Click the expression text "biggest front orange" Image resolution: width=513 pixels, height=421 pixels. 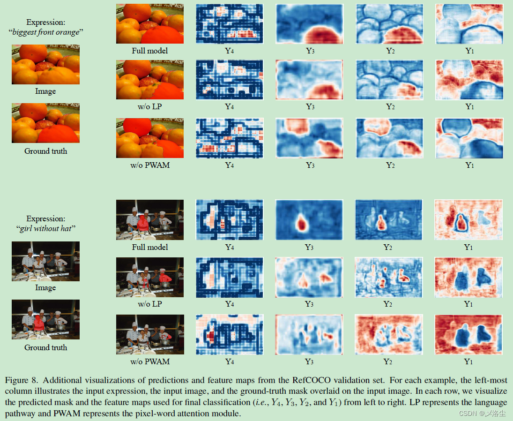coord(45,32)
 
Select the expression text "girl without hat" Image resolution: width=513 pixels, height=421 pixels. coord(45,228)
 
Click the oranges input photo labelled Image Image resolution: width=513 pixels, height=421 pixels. coord(45,64)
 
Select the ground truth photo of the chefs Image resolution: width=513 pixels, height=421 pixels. coord(45,319)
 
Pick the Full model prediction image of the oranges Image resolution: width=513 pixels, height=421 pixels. coord(150,23)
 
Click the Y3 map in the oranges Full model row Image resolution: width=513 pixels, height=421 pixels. coord(310,23)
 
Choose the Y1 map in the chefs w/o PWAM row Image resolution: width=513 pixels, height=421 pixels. coord(469,334)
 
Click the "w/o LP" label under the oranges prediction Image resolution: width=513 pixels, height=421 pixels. coord(150,106)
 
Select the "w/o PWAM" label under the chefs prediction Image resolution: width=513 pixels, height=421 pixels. coord(150,361)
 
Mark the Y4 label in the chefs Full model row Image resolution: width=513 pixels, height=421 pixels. coord(229,247)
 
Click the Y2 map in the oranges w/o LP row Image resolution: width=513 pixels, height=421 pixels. coord(389,80)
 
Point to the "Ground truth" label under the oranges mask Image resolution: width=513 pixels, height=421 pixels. coord(45,151)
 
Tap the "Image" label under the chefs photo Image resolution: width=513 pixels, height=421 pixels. coord(45,287)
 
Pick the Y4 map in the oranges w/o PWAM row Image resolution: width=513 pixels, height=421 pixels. coord(229,138)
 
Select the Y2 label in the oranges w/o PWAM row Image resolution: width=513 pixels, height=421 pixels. coord(389,165)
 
